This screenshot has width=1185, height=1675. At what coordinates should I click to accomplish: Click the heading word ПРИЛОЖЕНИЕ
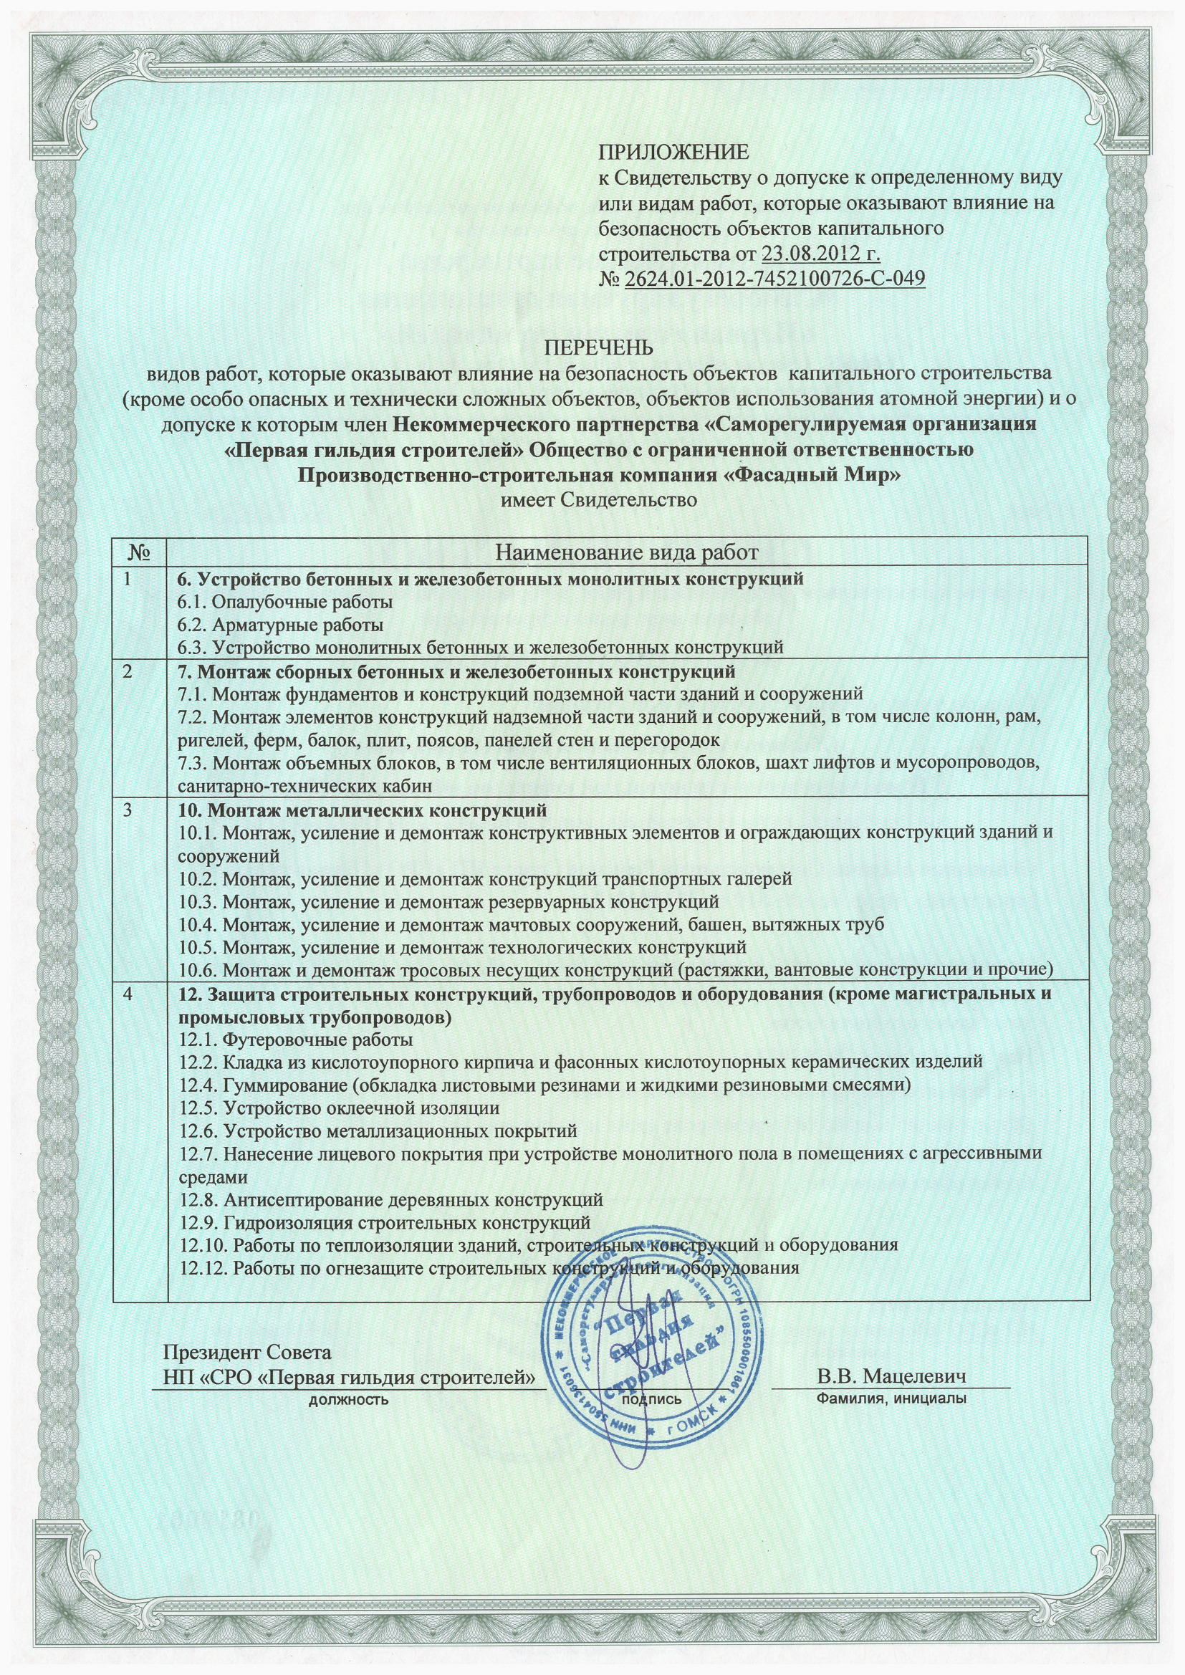pos(673,153)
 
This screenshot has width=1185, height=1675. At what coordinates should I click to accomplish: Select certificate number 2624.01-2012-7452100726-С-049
pos(775,279)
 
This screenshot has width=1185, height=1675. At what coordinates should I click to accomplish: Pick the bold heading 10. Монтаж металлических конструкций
pos(363,810)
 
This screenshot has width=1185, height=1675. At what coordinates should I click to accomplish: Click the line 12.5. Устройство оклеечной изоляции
pos(340,1108)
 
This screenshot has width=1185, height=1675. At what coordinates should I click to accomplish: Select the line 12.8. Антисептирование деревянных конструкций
pos(391,1199)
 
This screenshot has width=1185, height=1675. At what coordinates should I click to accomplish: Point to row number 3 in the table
pos(128,810)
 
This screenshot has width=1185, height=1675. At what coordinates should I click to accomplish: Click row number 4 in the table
pos(128,994)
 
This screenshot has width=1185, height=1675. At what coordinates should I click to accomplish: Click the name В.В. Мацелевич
pos(892,1377)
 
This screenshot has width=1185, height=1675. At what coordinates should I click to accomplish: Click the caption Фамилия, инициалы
pos(892,1398)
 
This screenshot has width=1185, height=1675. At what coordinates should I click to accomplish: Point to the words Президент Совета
pos(246,1352)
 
